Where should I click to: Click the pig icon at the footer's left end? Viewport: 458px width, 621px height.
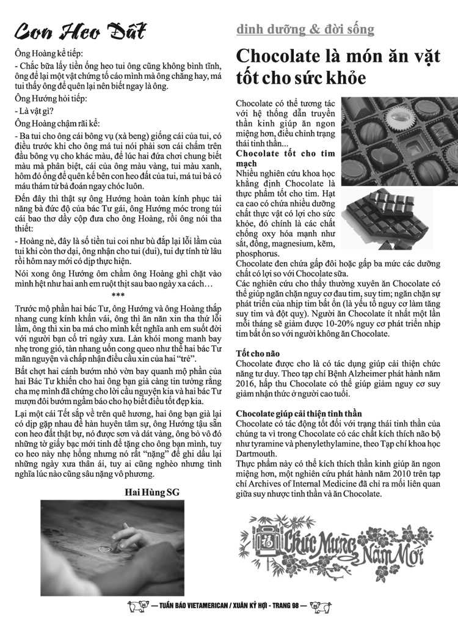136,607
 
